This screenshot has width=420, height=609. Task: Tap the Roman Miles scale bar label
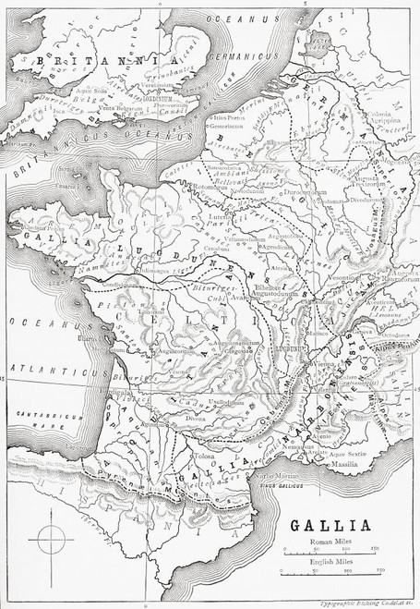pos(329,542)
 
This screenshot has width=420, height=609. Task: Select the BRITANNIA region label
pos(83,58)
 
